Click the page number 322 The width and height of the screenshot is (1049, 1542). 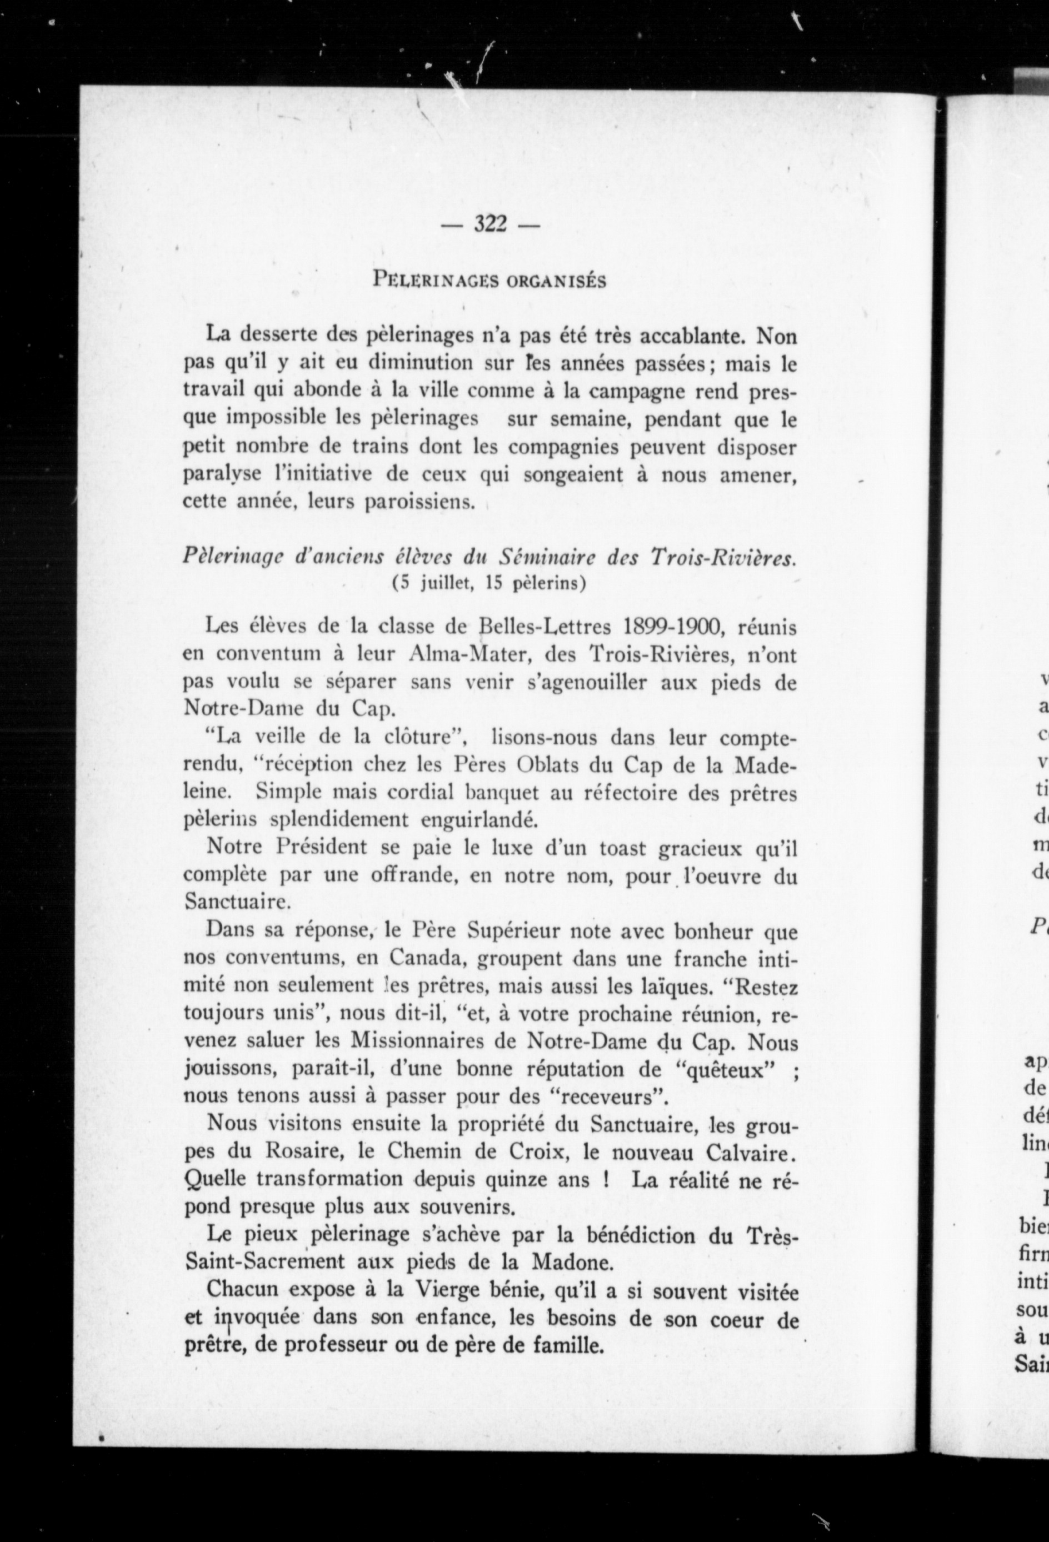pos(489,225)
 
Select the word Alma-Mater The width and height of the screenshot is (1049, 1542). pos(462,654)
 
